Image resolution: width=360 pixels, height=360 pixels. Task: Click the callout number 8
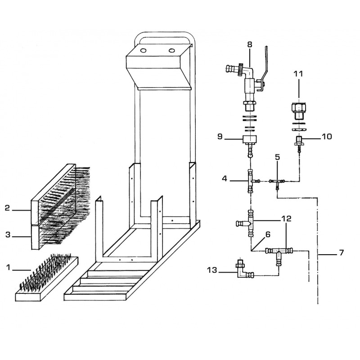pos(250,45)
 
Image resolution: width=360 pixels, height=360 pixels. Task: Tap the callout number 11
pos(298,74)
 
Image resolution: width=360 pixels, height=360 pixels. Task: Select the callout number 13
pos(212,270)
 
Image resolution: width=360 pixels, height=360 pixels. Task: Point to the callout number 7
pos(342,252)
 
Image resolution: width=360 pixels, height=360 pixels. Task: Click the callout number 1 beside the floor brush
pos(8,267)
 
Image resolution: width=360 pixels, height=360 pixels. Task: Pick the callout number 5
pos(278,157)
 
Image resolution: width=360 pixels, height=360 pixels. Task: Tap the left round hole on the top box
pos(143,50)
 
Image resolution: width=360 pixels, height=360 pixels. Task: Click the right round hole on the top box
pos(171,50)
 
